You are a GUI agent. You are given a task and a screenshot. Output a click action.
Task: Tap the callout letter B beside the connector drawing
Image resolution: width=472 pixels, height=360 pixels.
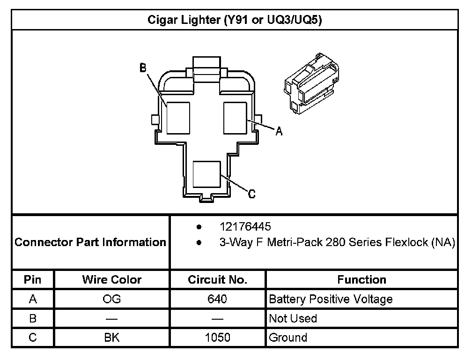(143, 68)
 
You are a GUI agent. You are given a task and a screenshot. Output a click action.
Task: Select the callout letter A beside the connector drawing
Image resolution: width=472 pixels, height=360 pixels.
(279, 132)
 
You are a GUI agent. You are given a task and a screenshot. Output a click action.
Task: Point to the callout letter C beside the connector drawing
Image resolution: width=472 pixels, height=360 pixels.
(251, 194)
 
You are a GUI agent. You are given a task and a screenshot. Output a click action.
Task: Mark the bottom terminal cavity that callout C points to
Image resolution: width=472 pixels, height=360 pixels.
(206, 175)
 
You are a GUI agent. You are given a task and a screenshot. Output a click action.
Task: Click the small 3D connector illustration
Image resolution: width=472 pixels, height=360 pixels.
(310, 83)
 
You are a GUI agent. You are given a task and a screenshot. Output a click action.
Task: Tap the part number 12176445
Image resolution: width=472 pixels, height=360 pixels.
(245, 227)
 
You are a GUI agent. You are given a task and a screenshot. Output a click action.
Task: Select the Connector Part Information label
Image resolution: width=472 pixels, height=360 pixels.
(91, 242)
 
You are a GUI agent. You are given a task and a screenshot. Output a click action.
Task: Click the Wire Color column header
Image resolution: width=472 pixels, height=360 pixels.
(112, 280)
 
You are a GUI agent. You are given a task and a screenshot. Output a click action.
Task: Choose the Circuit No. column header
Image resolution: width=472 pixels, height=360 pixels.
(217, 280)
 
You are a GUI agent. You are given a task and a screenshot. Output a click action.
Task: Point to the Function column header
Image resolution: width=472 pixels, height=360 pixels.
(361, 280)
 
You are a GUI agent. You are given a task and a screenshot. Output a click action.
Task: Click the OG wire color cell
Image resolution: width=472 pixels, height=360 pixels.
(112, 299)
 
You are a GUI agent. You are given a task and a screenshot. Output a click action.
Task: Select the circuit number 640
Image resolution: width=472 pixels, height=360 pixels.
(217, 299)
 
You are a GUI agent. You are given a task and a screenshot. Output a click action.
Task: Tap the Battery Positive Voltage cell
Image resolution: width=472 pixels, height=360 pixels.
(331, 299)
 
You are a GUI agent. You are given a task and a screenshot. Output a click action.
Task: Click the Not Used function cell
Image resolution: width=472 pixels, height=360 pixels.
(293, 319)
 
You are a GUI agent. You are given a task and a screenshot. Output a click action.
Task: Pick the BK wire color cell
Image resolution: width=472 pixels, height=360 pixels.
(112, 338)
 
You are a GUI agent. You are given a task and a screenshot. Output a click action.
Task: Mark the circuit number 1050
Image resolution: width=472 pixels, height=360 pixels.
(217, 338)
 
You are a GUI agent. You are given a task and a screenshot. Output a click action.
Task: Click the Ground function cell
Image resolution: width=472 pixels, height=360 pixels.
(288, 338)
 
